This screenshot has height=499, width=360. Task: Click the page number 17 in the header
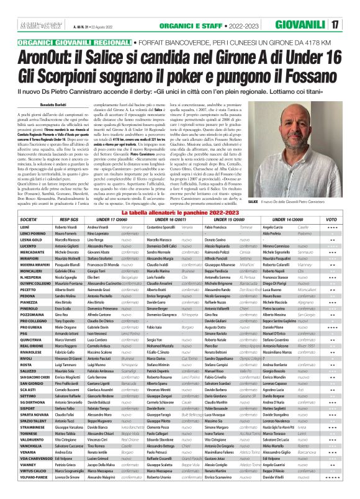pos(351,25)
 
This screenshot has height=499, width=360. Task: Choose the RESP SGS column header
pos(69,220)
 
